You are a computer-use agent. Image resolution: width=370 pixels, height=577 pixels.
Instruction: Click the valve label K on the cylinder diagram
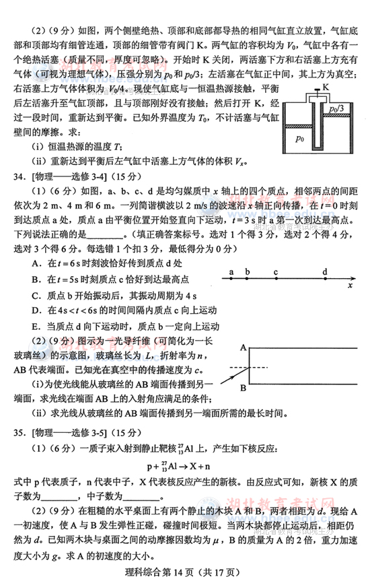pos(326,88)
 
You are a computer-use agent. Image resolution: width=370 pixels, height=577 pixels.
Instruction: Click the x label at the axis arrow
pos(350,285)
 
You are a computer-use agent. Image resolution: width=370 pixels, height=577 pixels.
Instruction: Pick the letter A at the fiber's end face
pos(242,347)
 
